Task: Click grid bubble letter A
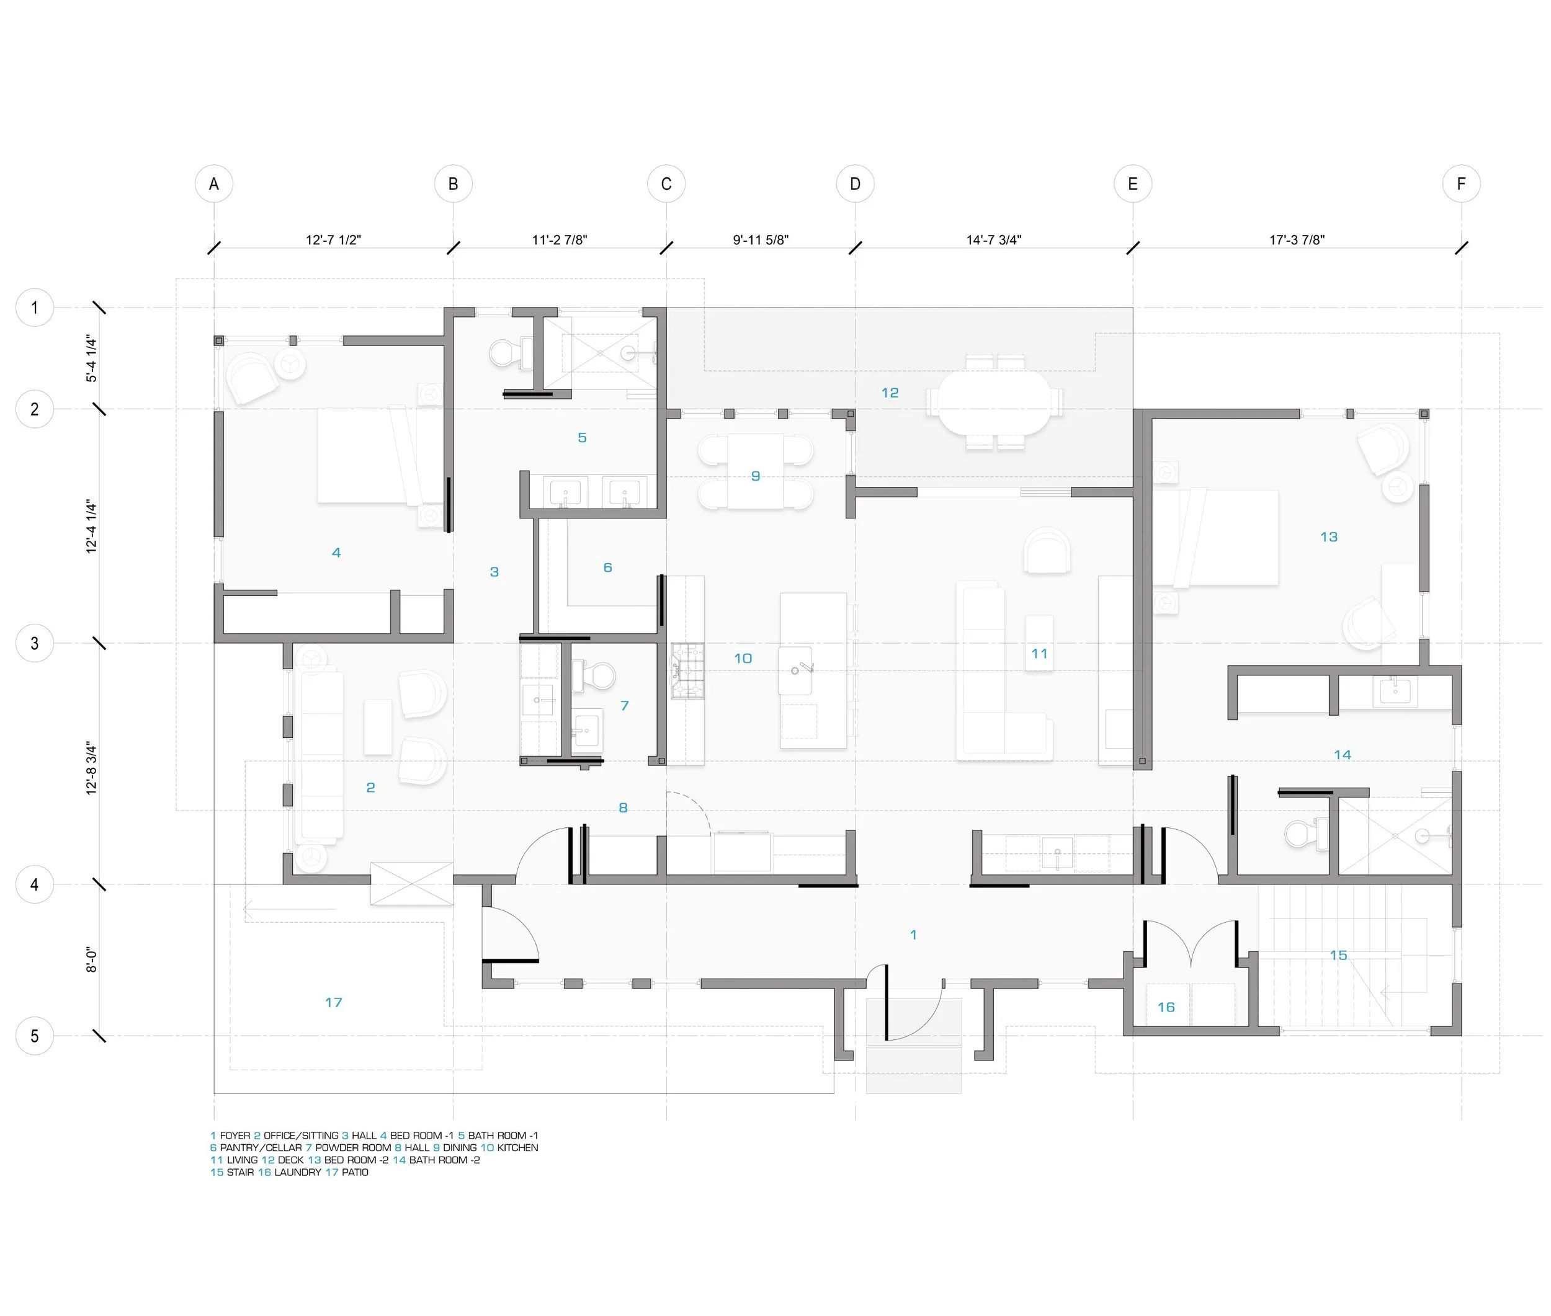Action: pyautogui.click(x=214, y=184)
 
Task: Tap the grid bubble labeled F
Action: pyautogui.click(x=1460, y=184)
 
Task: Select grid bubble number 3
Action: pyautogui.click(x=34, y=643)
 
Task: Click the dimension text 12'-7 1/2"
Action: pyautogui.click(x=333, y=239)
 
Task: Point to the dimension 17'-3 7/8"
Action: pyautogui.click(x=1297, y=239)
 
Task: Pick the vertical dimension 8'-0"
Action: pyautogui.click(x=91, y=959)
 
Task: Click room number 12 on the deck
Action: pyautogui.click(x=890, y=393)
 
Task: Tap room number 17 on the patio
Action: pyautogui.click(x=333, y=1002)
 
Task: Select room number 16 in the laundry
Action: pyautogui.click(x=1166, y=1007)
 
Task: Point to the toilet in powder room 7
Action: pyautogui.click(x=595, y=675)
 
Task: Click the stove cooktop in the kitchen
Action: pyautogui.click(x=687, y=670)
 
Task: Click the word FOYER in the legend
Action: pyautogui.click(x=235, y=1136)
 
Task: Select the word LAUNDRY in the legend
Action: pyautogui.click(x=298, y=1172)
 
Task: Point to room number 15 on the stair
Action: pyautogui.click(x=1338, y=955)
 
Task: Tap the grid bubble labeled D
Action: pyautogui.click(x=855, y=184)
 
